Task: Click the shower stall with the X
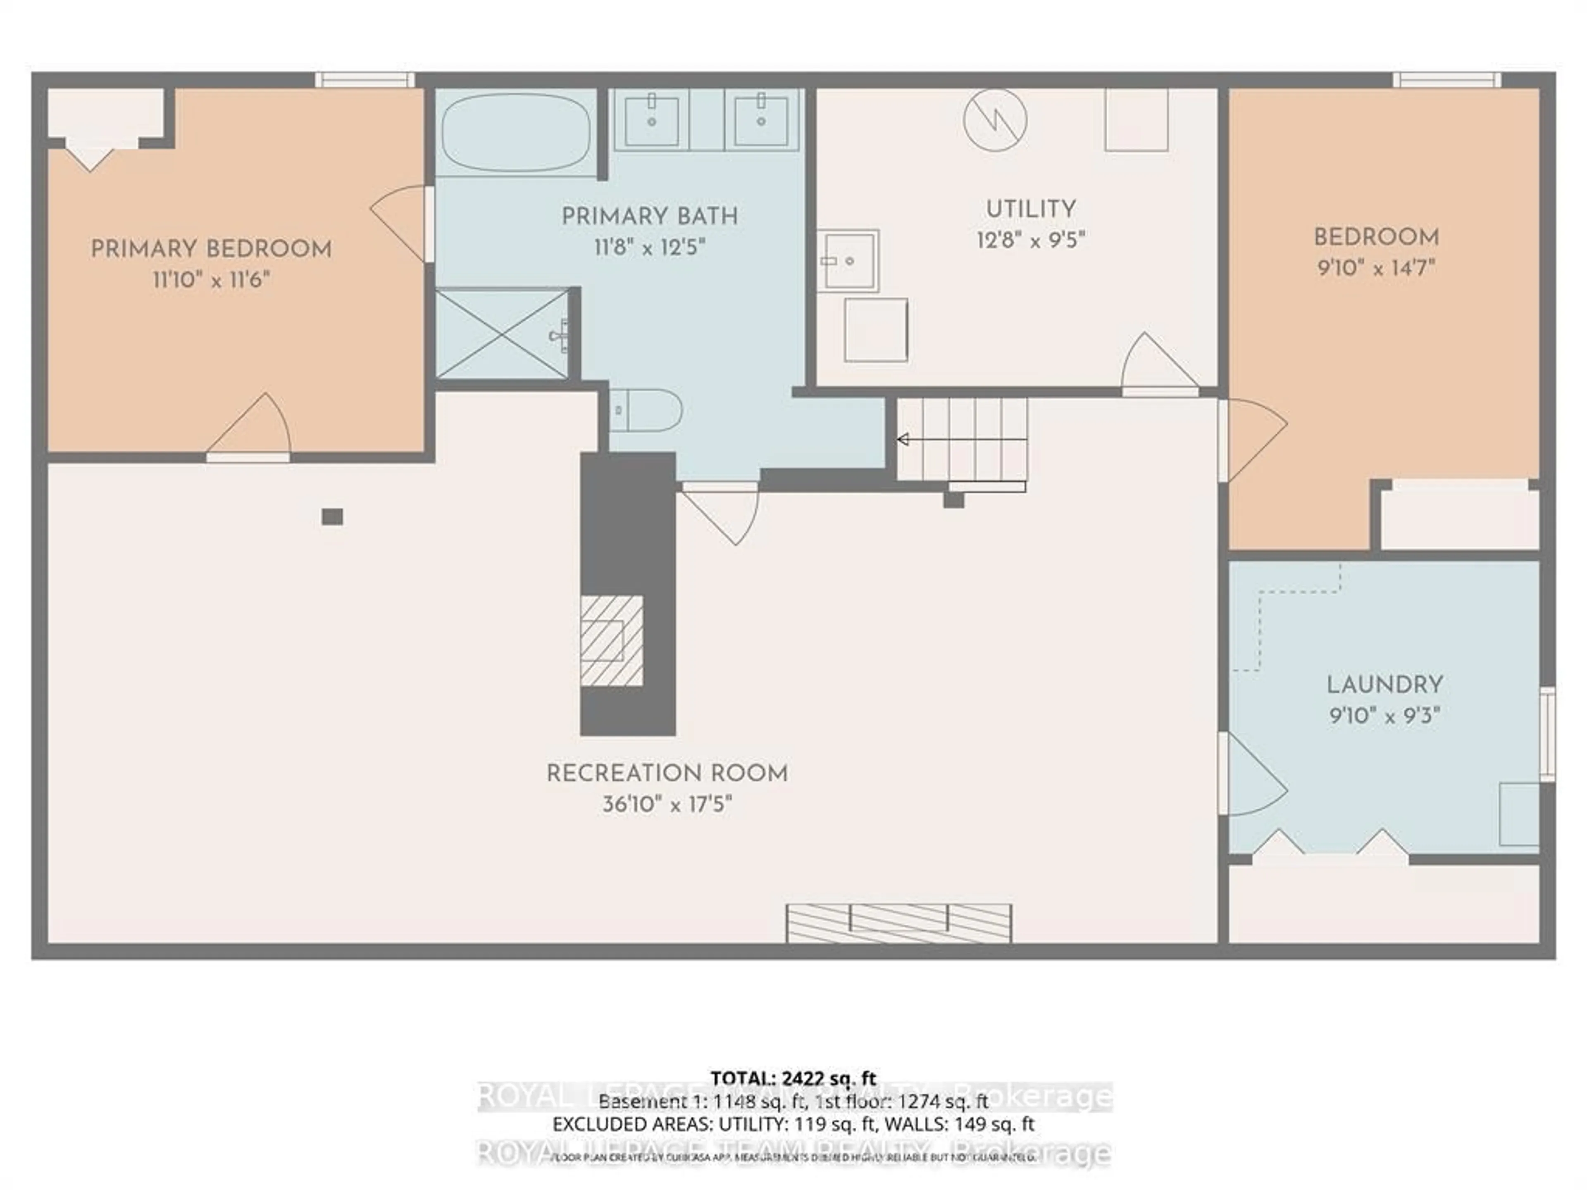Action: pyautogui.click(x=502, y=333)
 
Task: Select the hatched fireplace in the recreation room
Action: pyautogui.click(x=611, y=640)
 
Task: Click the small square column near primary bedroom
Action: pyautogui.click(x=332, y=516)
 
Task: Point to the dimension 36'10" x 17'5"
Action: pyautogui.click(x=667, y=804)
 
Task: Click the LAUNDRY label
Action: pyautogui.click(x=1384, y=685)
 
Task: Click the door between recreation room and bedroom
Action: pyautogui.click(x=1252, y=439)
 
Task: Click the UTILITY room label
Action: pyautogui.click(x=1030, y=209)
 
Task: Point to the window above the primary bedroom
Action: pyautogui.click(x=365, y=80)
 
